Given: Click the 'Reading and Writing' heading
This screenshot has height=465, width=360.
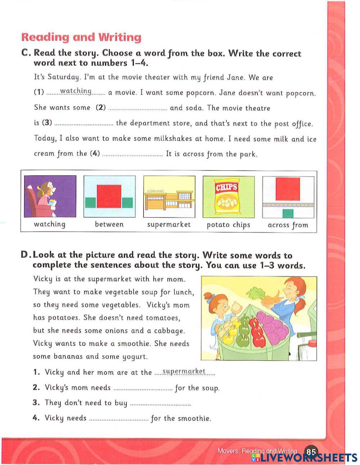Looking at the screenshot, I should coord(81,37).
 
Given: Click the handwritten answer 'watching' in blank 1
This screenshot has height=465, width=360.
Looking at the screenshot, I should coord(76,91).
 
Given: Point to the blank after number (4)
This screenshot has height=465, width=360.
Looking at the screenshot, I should coord(132,155).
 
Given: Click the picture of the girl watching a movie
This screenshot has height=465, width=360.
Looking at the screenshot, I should coord(50,196).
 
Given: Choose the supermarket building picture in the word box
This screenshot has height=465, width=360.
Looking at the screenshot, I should coord(169,196).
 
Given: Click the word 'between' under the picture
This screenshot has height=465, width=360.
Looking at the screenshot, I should coord(109,224).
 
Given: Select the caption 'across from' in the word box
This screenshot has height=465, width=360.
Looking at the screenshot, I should coord(288,225).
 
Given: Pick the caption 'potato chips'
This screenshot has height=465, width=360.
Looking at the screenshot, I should coord(228,225).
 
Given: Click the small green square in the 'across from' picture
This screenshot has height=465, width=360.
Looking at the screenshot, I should coord(288,214).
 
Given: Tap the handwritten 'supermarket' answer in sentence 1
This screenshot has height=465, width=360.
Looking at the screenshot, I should coord(184,371).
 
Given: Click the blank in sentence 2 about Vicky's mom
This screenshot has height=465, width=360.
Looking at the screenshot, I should coord(143,389).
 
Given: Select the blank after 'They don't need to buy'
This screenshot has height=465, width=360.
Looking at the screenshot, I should coord(160,404).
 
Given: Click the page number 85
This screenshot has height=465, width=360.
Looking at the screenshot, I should coord(311,452).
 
